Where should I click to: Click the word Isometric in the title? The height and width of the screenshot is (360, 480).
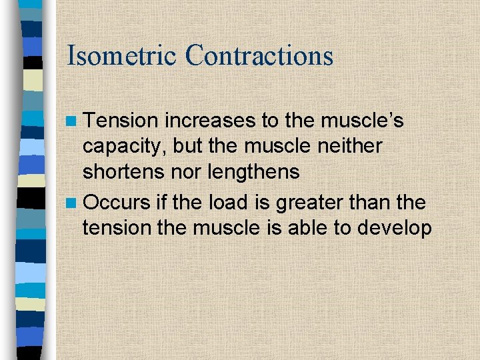click(x=121, y=55)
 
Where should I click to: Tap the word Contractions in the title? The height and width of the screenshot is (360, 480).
click(x=259, y=55)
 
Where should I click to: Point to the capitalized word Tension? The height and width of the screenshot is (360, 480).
click(x=121, y=121)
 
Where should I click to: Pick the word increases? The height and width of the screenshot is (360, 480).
click(x=208, y=121)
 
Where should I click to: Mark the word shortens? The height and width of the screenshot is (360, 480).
click(x=123, y=173)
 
